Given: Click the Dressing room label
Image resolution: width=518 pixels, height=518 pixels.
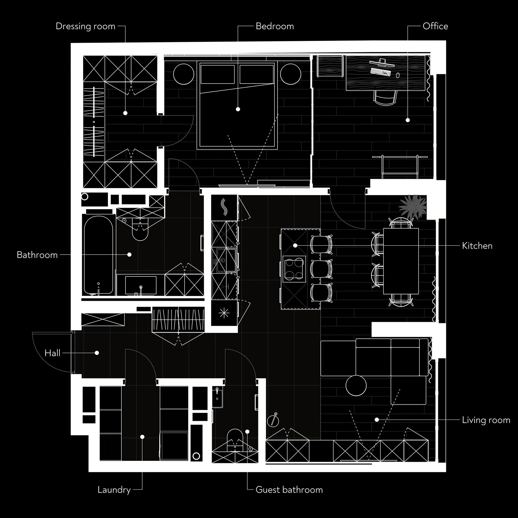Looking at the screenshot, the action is (86, 26).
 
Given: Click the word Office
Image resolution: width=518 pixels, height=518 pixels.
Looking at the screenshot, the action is (435, 26).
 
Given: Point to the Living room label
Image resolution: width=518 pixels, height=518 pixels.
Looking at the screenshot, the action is (486, 420).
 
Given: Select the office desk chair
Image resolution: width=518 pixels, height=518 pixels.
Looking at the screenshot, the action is (385, 97).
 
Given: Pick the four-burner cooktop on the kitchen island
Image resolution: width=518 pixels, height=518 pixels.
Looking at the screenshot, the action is (294, 269).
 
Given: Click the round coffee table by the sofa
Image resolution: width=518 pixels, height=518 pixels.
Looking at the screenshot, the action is (356, 385).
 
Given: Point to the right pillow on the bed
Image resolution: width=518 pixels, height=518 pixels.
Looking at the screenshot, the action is (256, 74).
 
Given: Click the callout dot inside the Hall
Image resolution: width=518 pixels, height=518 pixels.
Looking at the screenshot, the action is (97, 353).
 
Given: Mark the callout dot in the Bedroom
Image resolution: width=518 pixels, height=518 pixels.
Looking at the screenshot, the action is (238, 109).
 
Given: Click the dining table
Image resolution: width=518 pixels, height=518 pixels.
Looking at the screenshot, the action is (401, 261).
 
